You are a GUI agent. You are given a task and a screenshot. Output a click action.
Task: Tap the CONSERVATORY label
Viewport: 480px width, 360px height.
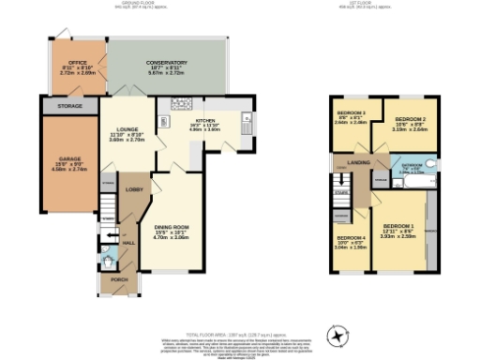[x=167, y=63]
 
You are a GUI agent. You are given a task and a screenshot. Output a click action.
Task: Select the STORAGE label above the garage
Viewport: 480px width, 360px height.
[x=69, y=107]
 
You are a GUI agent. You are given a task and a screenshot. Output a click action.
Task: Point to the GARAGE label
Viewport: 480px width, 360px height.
[x=70, y=160]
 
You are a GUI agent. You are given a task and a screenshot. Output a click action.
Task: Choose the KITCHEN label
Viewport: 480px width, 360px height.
[x=206, y=121]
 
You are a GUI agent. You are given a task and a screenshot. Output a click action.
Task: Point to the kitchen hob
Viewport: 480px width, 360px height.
[x=164, y=120]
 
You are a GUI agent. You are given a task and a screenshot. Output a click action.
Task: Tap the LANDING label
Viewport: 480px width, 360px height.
[x=357, y=163]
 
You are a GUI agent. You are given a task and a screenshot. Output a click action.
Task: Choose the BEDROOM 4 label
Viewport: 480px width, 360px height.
[x=351, y=238]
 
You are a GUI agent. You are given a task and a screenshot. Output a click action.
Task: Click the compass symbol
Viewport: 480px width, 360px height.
[x=335, y=334]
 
